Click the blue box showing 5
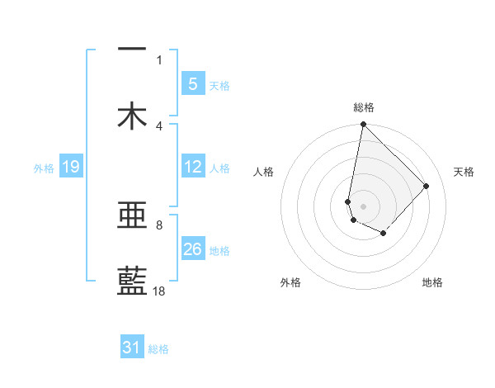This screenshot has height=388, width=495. (192, 83)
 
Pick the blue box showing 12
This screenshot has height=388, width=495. (192, 167)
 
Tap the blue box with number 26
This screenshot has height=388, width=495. (192, 249)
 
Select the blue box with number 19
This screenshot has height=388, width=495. (70, 167)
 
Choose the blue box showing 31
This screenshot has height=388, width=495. (132, 348)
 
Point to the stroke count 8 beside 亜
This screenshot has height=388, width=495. (159, 225)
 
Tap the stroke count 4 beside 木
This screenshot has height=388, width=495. (159, 125)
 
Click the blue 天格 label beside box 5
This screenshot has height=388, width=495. (219, 86)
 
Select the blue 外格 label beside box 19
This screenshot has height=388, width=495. (44, 168)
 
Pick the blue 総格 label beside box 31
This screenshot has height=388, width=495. (158, 349)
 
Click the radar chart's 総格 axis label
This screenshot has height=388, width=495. (363, 107)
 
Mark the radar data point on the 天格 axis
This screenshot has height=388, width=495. (427, 186)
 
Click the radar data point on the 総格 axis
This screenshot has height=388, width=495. (363, 125)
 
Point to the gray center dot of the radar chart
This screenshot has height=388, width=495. (363, 206)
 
